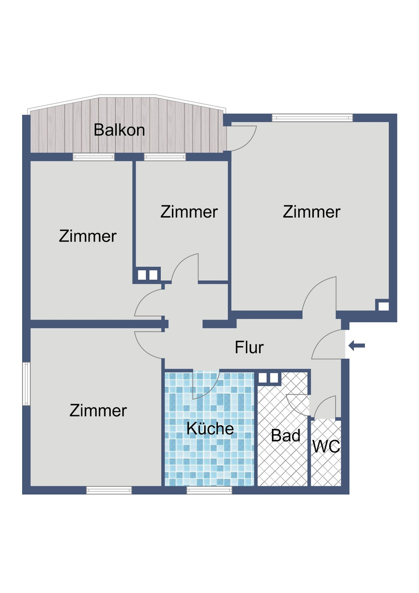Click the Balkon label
(x=119, y=130)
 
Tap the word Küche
(x=210, y=428)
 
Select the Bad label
(x=285, y=435)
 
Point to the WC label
(x=326, y=446)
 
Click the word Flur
(x=249, y=347)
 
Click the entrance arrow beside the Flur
(x=357, y=346)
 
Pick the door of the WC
(x=326, y=407)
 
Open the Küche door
(x=205, y=384)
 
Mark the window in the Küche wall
(x=209, y=490)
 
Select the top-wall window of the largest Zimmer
(x=312, y=118)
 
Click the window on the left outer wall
(x=26, y=384)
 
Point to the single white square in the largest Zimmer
(x=383, y=306)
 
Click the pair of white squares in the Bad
(x=268, y=378)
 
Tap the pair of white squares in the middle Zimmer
(x=147, y=275)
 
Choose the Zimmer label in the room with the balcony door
(x=311, y=212)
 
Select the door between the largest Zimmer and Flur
(x=320, y=295)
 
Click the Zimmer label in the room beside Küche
(x=98, y=410)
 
